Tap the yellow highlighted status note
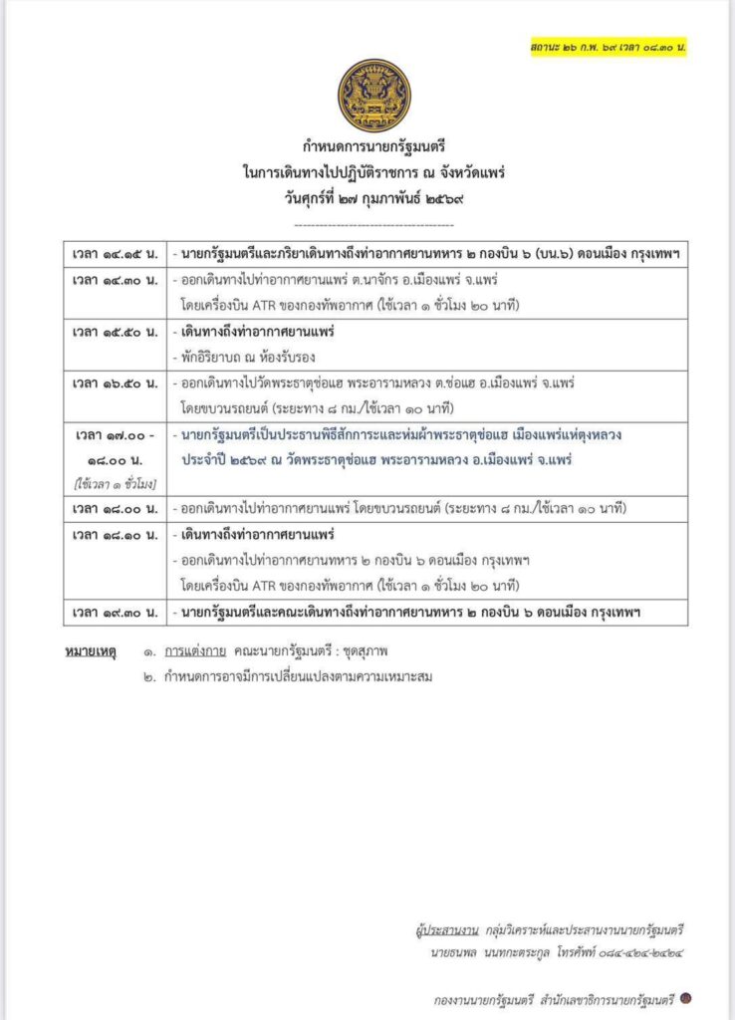click(612, 47)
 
